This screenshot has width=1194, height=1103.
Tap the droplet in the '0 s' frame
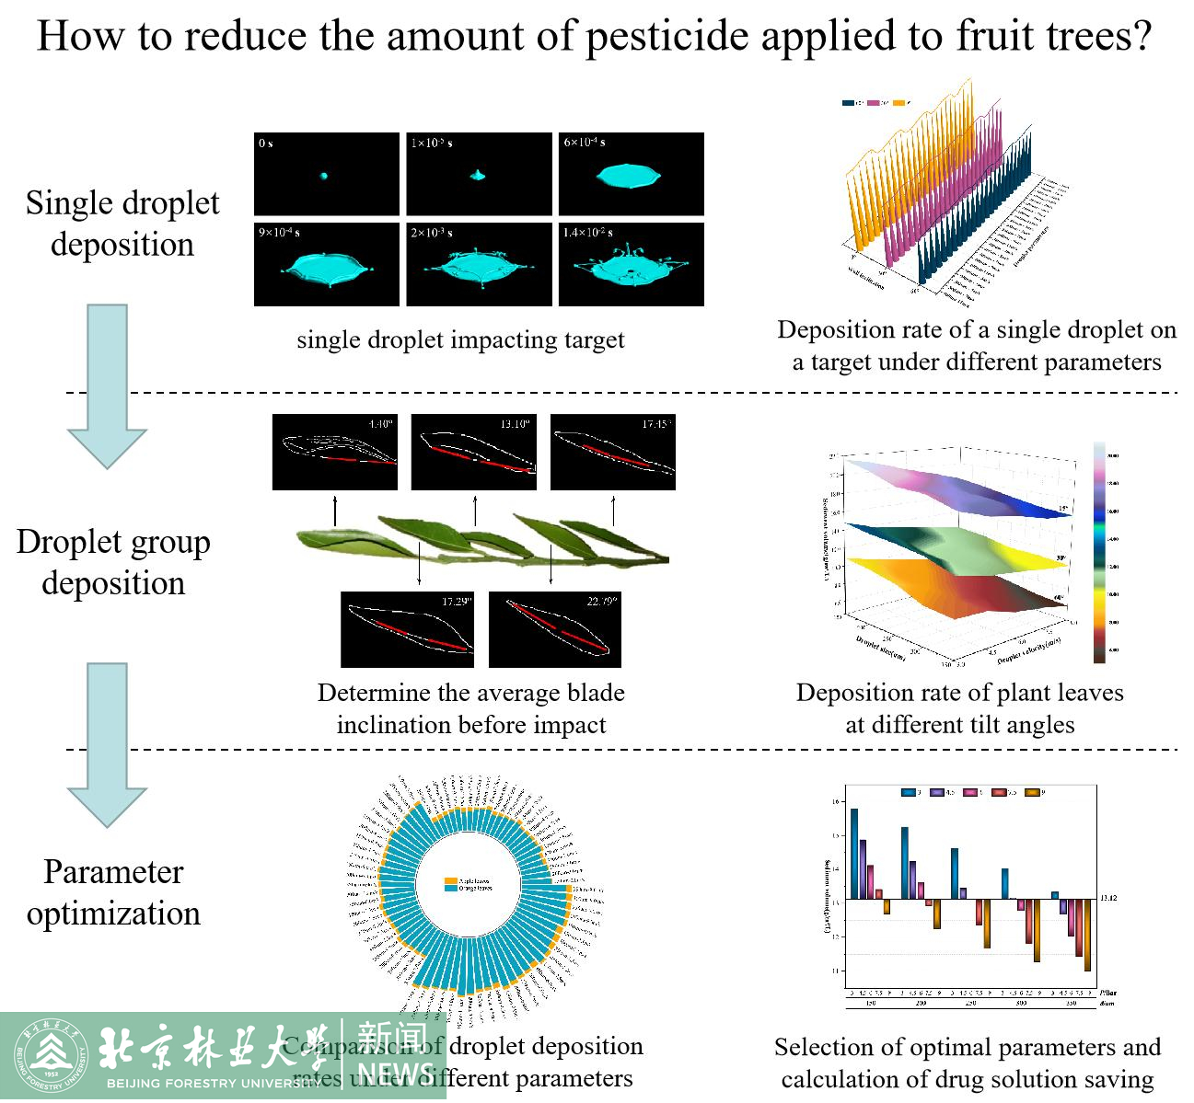pyautogui.click(x=324, y=175)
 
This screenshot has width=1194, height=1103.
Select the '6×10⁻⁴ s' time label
pyautogui.click(x=585, y=143)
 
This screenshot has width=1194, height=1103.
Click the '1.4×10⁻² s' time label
pyautogui.click(x=588, y=233)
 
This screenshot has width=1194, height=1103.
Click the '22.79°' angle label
pyautogui.click(x=603, y=602)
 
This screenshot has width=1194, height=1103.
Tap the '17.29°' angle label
pyautogui.click(x=456, y=602)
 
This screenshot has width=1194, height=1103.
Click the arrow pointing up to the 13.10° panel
pyautogui.click(x=475, y=511)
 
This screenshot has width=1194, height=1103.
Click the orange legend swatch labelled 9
pyautogui.click(x=1032, y=792)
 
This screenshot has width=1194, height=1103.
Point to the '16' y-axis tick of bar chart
pyautogui.click(x=836, y=801)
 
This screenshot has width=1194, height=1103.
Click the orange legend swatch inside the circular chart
pyautogui.click(x=450, y=880)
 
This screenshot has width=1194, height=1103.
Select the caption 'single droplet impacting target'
pyautogui.click(x=460, y=340)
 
